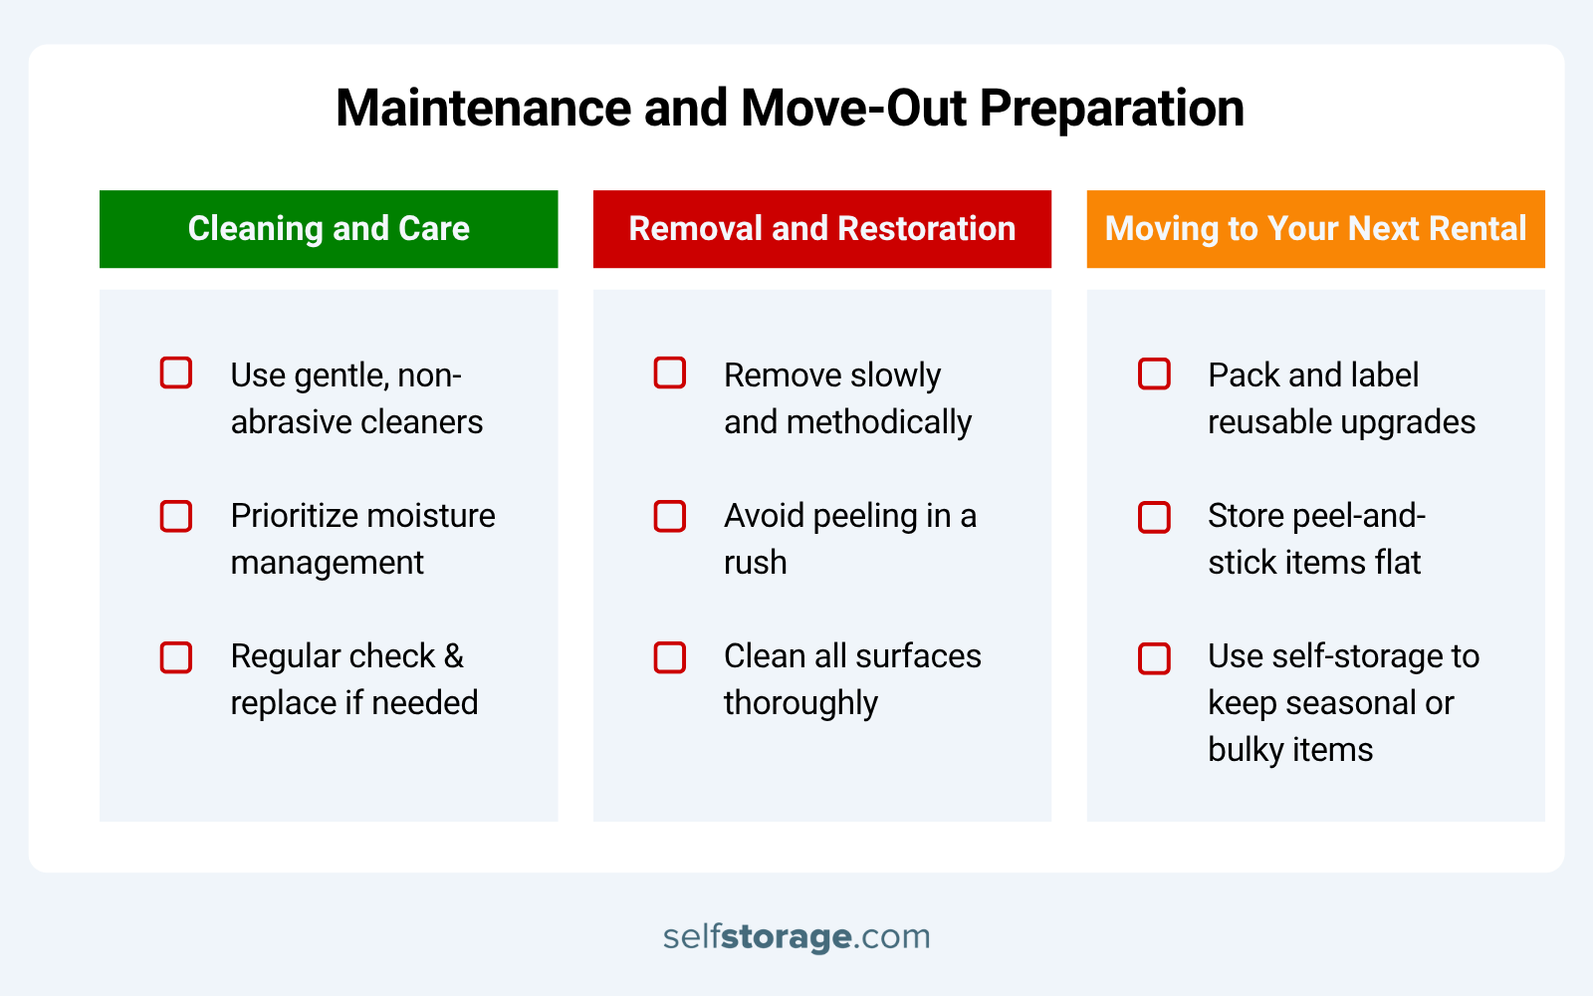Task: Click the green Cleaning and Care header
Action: [x=329, y=229]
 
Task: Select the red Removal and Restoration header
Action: [x=821, y=229]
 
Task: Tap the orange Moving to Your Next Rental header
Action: [x=1315, y=229]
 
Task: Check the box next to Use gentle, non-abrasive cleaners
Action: [x=176, y=373]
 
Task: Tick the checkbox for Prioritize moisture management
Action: [x=176, y=516]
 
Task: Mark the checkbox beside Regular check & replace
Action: [x=176, y=657]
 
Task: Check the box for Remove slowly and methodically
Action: [x=670, y=373]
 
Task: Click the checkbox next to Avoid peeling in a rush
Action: [x=670, y=516]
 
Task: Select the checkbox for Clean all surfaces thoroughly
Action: [x=670, y=657]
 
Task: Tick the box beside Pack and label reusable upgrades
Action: [x=1154, y=374]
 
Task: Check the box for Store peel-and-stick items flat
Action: [x=1154, y=517]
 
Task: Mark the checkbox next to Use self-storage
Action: [x=1154, y=658]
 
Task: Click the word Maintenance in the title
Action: [x=483, y=108]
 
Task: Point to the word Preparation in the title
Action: [x=1112, y=108]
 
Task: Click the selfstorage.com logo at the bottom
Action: [x=796, y=936]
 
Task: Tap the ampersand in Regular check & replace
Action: [x=453, y=656]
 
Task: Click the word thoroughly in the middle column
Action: [x=800, y=703]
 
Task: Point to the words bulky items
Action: [x=1290, y=750]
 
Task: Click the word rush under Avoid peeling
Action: [x=755, y=563]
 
